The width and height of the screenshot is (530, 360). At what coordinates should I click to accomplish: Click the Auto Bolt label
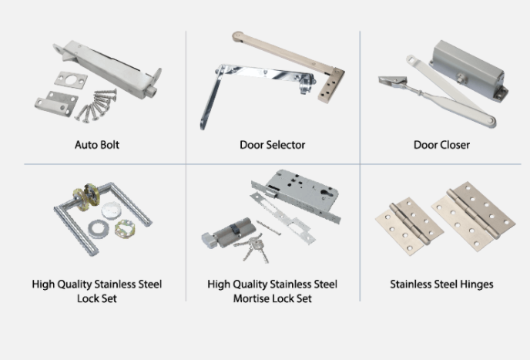pyautogui.click(x=97, y=145)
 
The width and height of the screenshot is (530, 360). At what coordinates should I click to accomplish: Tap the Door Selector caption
pyautogui.click(x=273, y=145)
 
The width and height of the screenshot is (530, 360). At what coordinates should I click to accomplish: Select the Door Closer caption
pyautogui.click(x=441, y=145)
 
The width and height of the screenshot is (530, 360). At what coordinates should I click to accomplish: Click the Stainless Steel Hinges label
pyautogui.click(x=441, y=284)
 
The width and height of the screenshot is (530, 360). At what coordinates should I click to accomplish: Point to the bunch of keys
pyautogui.click(x=252, y=249)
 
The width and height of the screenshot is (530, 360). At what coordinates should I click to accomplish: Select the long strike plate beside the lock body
pyautogui.click(x=282, y=218)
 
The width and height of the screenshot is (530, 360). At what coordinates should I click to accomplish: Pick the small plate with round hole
pyautogui.click(x=71, y=80)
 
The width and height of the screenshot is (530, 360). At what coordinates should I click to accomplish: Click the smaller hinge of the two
pyautogui.click(x=409, y=226)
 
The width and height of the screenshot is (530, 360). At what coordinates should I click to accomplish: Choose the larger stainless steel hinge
pyautogui.click(x=474, y=216)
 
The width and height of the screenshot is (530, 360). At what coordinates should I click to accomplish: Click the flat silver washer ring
pyautogui.click(x=99, y=229)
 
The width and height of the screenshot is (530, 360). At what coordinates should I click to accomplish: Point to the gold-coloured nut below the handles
pyautogui.click(x=125, y=229)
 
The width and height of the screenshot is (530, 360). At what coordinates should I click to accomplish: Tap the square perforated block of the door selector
pyautogui.click(x=330, y=86)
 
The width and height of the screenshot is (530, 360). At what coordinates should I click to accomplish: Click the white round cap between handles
pyautogui.click(x=111, y=210)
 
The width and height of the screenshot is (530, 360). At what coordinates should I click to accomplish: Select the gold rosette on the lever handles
pyautogui.click(x=86, y=197)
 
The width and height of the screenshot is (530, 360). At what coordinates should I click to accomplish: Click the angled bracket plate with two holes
pyautogui.click(x=56, y=103)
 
